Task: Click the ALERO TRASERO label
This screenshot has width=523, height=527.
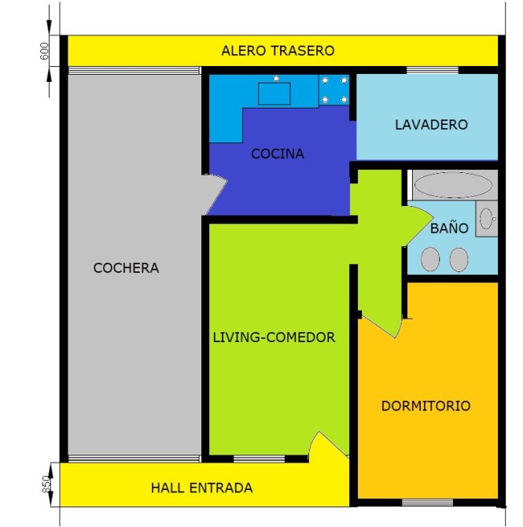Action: [278, 51]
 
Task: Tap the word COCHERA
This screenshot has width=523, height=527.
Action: [126, 268]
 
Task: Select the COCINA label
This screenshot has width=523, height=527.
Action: [278, 154]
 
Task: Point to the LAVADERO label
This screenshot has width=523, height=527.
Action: [431, 125]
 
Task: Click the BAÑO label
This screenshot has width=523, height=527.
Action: [449, 228]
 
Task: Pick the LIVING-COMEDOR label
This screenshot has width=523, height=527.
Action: [274, 337]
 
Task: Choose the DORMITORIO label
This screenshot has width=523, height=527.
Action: [425, 406]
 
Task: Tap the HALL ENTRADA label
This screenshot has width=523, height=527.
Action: [201, 488]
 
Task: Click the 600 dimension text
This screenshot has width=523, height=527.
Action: [44, 51]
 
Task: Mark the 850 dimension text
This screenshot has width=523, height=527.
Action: [46, 485]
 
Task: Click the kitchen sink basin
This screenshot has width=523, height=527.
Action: [274, 94]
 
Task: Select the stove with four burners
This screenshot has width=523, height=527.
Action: [334, 90]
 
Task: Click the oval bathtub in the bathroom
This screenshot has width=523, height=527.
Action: [453, 185]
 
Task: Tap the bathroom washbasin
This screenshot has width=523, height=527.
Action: [487, 219]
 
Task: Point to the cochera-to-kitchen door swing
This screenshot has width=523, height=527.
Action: [215, 194]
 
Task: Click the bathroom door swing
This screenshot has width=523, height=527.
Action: [418, 226]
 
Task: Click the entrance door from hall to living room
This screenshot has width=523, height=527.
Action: [329, 446]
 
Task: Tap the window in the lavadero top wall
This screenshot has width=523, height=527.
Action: [433, 70]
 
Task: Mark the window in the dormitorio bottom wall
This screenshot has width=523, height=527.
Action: [428, 503]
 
